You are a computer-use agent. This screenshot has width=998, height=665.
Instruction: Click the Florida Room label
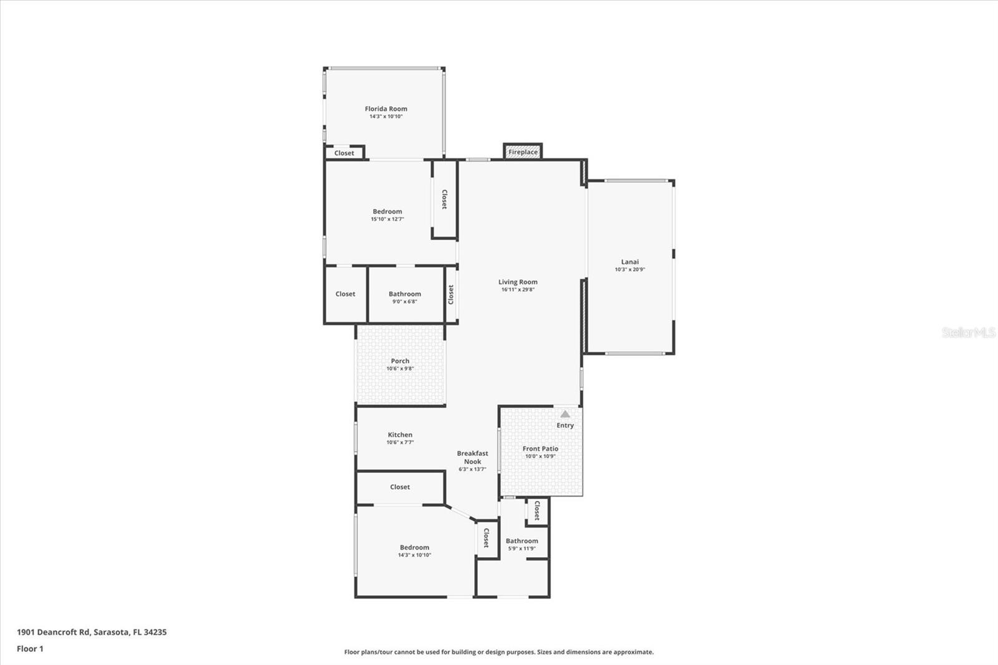coord(386,109)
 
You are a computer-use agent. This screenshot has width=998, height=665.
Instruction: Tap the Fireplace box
coord(523,152)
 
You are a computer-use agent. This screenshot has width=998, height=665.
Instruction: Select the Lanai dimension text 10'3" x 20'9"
coord(630,269)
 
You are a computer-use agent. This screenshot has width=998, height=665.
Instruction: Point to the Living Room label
coord(518,282)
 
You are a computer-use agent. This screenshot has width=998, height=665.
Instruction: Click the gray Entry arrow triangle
coord(565,414)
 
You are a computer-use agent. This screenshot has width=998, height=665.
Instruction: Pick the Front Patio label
coord(540,449)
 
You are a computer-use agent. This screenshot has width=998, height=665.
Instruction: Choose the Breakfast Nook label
coord(473,457)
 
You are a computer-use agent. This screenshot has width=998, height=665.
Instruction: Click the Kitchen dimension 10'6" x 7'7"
coord(400,442)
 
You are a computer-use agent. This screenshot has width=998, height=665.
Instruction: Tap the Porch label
coord(400,361)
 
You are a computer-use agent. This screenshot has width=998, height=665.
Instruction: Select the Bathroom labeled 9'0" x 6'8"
coord(405,294)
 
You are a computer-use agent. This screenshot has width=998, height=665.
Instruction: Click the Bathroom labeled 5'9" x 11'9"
coord(521,541)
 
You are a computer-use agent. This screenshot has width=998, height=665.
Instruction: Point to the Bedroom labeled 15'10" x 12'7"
coord(387,211)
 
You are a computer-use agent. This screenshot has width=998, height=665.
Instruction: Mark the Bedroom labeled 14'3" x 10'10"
coord(414,548)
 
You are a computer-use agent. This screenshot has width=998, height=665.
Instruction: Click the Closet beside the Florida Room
coord(344,153)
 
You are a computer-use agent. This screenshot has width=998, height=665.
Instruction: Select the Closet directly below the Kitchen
coord(400,487)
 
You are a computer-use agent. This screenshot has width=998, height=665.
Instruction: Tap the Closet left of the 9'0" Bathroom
coord(346,294)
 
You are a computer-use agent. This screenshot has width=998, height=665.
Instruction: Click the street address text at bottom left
coord(92,632)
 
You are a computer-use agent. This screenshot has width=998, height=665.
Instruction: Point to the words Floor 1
coord(31,649)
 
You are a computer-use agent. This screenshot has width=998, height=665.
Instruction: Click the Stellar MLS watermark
coord(969,332)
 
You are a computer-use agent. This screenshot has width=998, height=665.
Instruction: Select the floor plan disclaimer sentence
coord(499,652)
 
